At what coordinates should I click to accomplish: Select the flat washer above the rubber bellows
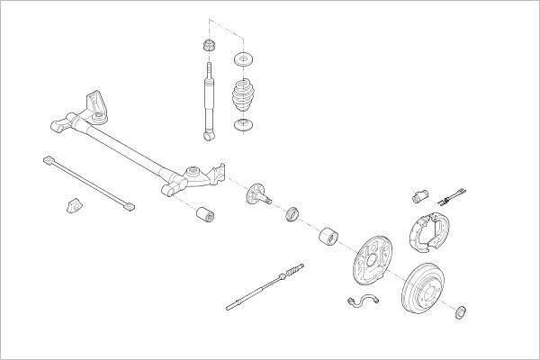(241, 60)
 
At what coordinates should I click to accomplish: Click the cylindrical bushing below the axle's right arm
(205, 215)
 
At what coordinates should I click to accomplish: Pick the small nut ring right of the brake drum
(462, 312)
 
